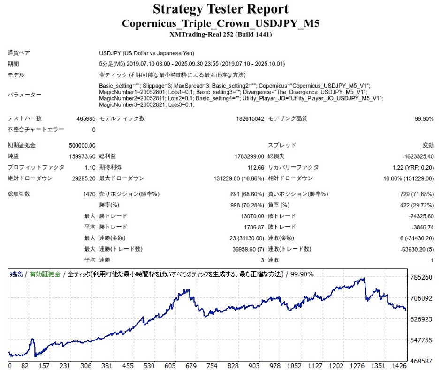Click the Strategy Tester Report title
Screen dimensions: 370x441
pyautogui.click(x=220, y=9)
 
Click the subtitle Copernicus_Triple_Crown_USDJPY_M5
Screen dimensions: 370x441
pyautogui.click(x=220, y=23)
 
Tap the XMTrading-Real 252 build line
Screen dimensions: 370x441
pyautogui.click(x=220, y=34)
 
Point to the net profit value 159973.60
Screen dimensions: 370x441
pyautogui.click(x=83, y=156)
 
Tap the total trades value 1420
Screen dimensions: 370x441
pyautogui.click(x=89, y=194)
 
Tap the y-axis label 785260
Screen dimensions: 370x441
pyautogui.click(x=421, y=277)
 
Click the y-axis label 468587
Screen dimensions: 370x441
pyautogui.click(x=421, y=361)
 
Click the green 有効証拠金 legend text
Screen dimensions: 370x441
pyautogui.click(x=45, y=274)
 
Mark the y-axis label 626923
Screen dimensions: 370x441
pyautogui.click(x=421, y=319)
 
